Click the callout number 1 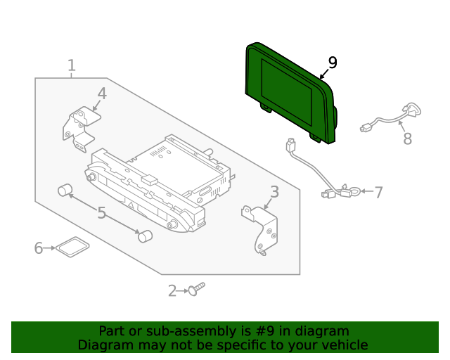[71, 66]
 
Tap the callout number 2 [172, 290]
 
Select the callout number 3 [274, 191]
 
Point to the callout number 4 [102, 94]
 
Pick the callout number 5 [101, 212]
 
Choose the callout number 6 [39, 247]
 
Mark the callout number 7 [378, 192]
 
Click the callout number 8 [407, 139]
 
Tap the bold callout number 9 [332, 63]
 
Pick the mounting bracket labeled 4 [79, 129]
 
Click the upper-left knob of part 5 [66, 190]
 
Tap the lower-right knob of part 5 [145, 236]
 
